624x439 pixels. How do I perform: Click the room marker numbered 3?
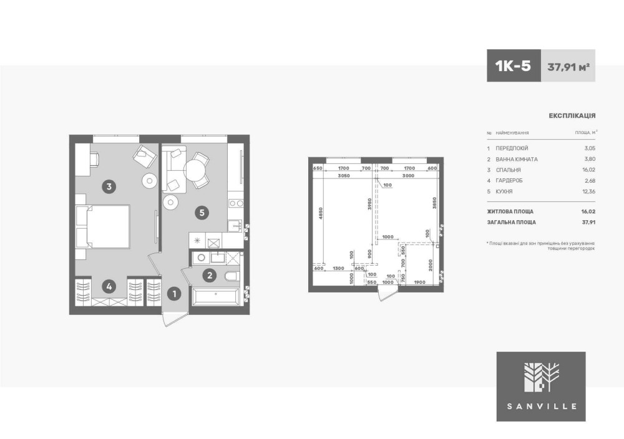coord(109,186)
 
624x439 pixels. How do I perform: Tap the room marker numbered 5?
coord(202,213)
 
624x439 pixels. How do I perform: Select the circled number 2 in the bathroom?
coord(209,275)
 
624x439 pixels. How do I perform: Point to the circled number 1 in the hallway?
coord(174,294)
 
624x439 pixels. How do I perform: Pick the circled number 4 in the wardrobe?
coord(109,286)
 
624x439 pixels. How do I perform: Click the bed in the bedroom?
coord(103,226)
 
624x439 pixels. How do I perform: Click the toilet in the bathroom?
coord(232,276)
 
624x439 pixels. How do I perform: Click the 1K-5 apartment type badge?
coord(514,65)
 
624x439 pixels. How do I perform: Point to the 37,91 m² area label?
coord(568,67)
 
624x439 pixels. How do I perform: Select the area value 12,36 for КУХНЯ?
coord(588,191)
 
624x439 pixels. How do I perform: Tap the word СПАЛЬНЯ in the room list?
coord(508,170)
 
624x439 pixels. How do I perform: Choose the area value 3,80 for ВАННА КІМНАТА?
coord(589,159)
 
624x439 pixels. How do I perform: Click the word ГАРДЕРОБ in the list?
coord(509,181)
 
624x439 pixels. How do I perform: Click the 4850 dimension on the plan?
coord(321,213)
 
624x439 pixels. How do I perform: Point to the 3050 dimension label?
coord(343,175)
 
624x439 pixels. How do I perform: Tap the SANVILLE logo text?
coord(541,407)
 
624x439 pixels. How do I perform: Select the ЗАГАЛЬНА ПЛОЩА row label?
coord(512,222)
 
